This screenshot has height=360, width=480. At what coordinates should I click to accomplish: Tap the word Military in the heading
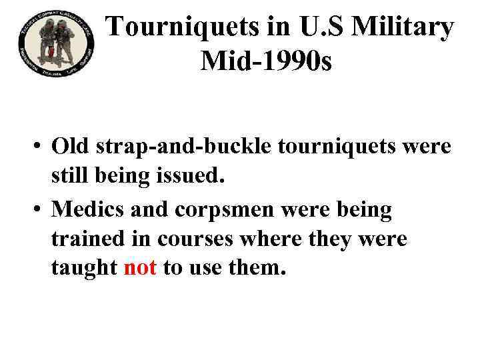407,27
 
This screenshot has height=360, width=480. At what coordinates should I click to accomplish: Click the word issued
191,177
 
